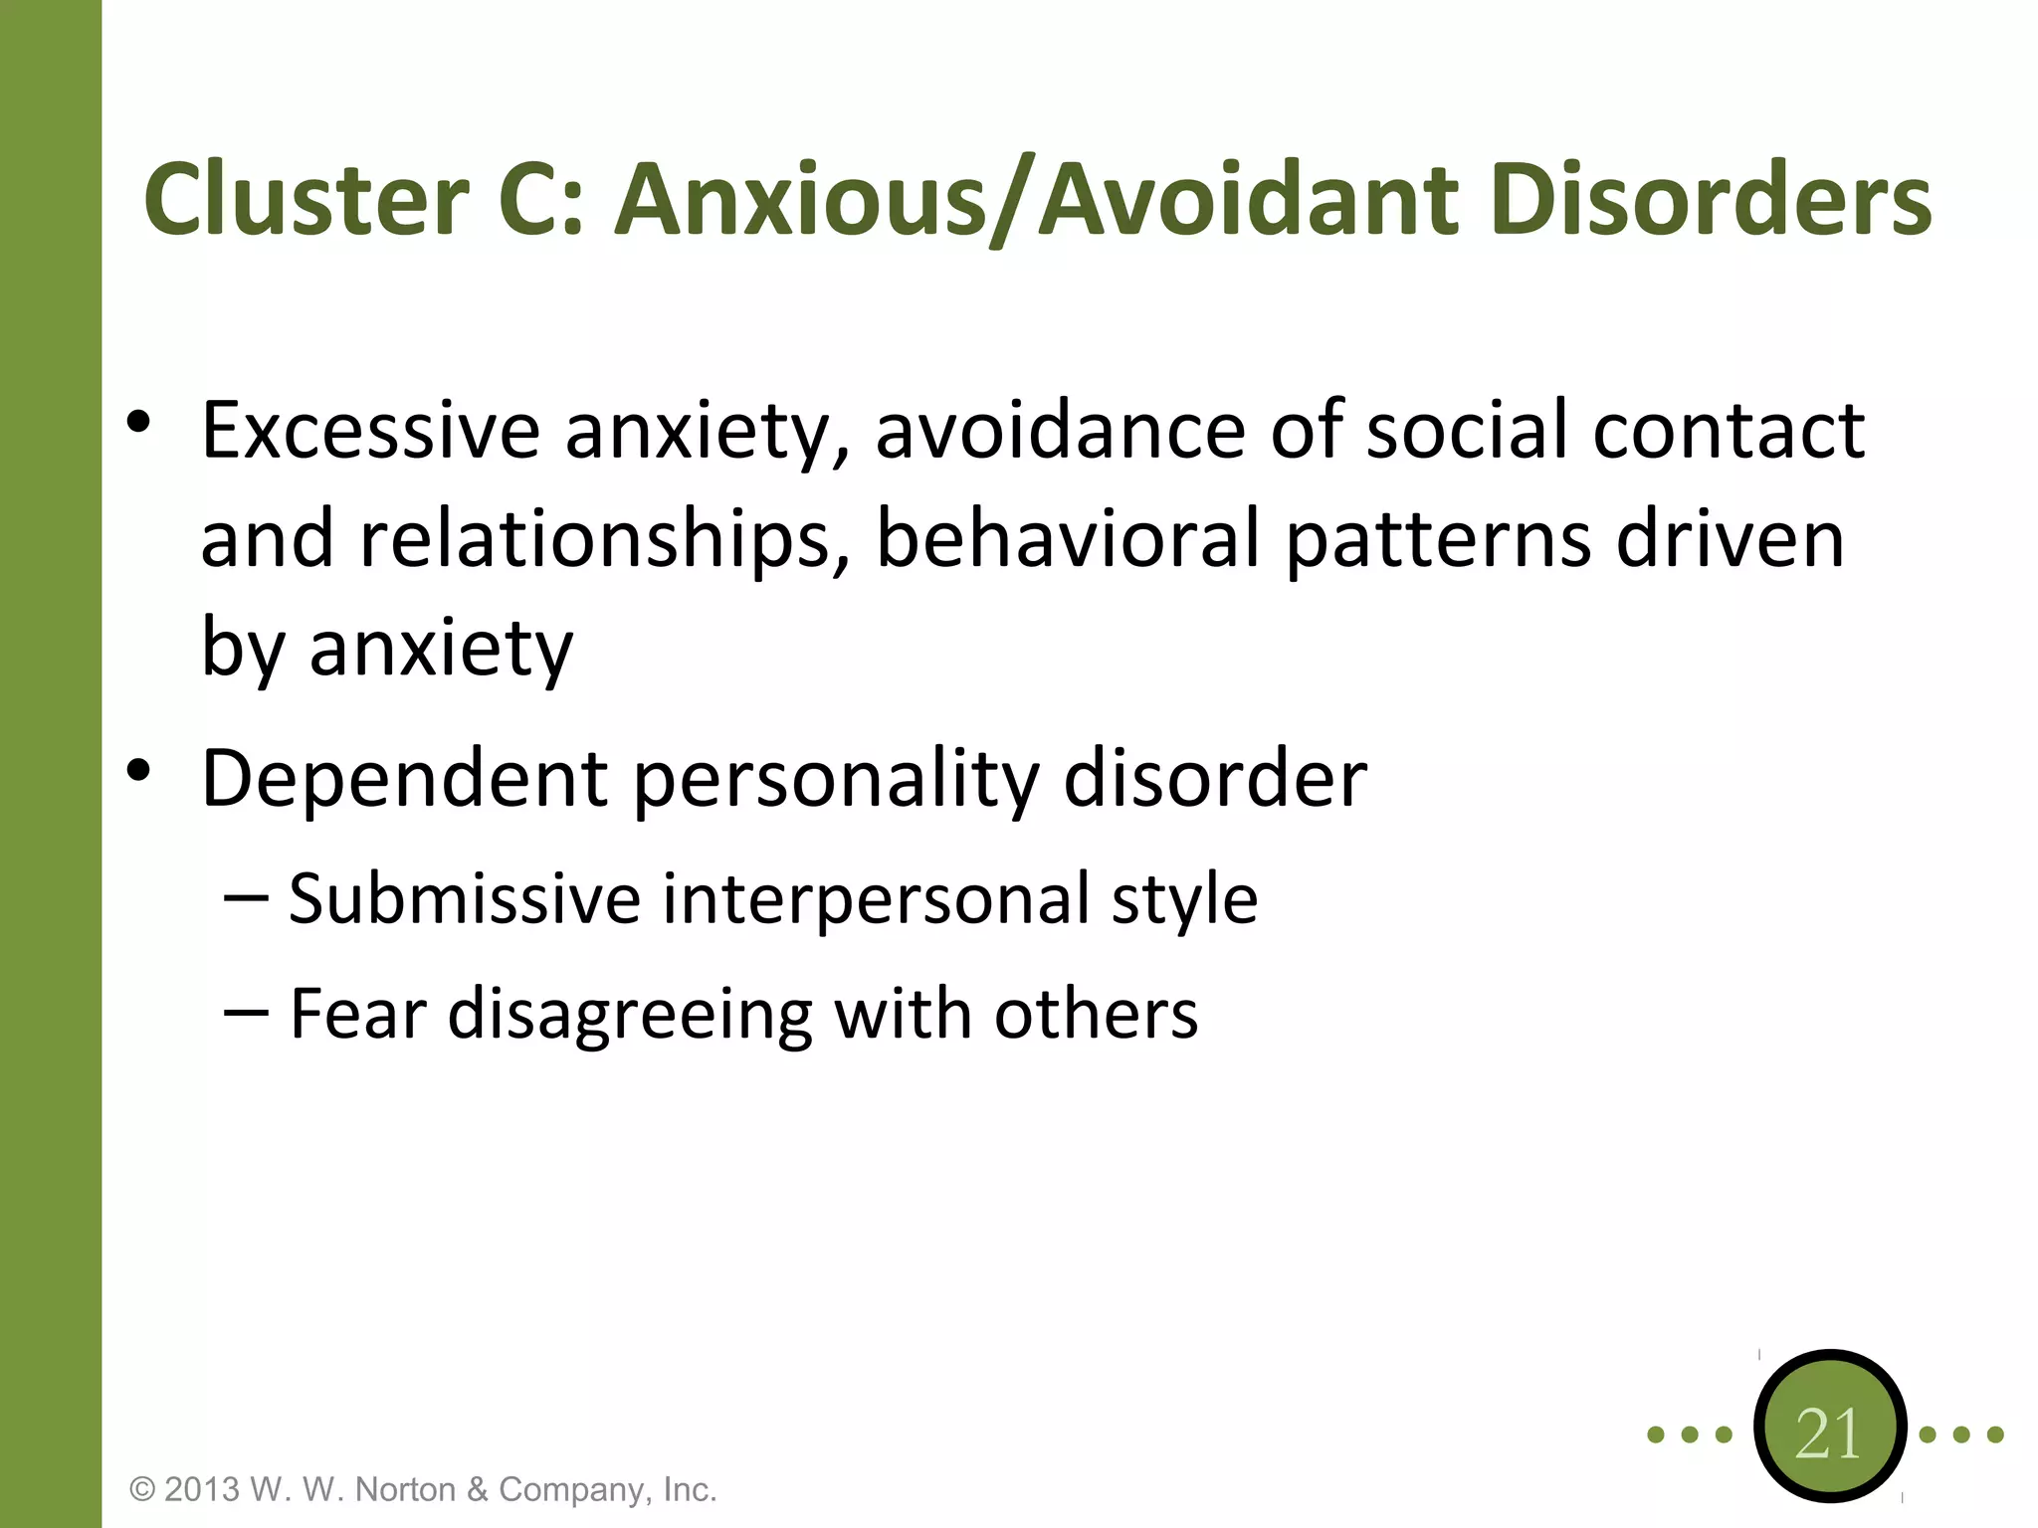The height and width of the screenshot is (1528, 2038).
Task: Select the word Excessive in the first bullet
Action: pos(370,430)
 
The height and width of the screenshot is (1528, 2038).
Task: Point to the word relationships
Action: pos(595,539)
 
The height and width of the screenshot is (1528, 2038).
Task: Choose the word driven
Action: pos(1730,539)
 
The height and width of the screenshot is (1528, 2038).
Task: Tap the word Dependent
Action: pos(404,778)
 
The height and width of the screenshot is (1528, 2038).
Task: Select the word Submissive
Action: pos(465,898)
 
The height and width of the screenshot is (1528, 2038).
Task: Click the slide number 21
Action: pos(1829,1433)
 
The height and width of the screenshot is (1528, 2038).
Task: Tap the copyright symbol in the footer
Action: pos(143,1489)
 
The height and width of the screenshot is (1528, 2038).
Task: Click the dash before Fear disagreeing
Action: pos(246,1013)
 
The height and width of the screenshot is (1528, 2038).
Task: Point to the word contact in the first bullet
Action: pos(1729,430)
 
